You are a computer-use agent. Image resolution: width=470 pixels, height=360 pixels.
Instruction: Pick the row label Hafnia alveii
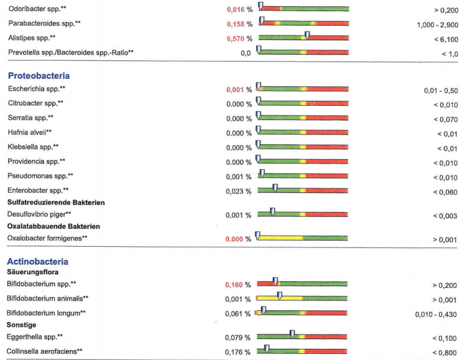[x=30, y=132]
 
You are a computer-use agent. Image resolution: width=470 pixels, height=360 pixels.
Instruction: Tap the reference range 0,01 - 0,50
[x=441, y=91]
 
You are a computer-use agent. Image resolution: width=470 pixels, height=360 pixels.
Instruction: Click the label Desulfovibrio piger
[x=39, y=215]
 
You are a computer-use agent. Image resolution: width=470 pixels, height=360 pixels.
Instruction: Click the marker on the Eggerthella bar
[x=292, y=334]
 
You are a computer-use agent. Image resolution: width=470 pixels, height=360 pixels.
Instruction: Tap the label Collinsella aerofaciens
[x=45, y=351]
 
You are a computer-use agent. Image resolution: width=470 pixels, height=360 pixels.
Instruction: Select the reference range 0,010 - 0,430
[x=436, y=315]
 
